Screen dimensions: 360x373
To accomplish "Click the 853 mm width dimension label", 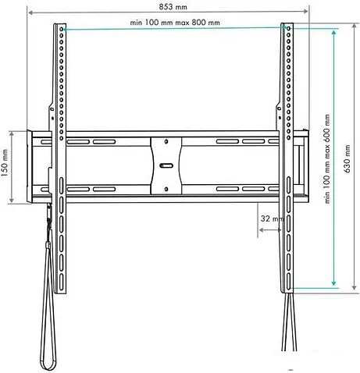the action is click(x=173, y=7).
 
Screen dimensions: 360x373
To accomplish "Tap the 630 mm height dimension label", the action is click(x=348, y=158).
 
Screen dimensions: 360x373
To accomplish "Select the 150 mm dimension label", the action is click(x=5, y=163).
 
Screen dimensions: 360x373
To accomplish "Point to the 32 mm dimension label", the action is click(x=272, y=218).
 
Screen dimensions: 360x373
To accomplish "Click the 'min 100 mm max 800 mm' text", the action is click(x=175, y=23).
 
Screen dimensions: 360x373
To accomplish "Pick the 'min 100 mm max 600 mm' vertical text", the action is click(x=326, y=158).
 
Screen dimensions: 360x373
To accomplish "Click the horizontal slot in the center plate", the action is click(x=166, y=165).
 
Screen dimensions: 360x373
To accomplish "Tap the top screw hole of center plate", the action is click(x=166, y=141).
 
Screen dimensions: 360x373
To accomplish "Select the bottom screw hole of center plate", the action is click(x=166, y=189).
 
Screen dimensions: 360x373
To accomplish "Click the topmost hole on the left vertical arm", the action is click(x=62, y=29).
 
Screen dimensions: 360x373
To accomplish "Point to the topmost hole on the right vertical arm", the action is click(x=288, y=28).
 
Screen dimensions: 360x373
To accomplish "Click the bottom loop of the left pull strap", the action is click(x=48, y=364).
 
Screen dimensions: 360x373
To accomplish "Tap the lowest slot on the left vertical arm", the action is click(x=62, y=282).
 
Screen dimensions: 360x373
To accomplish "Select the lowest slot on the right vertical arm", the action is click(x=288, y=281).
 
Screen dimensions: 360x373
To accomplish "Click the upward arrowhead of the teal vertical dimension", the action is click(x=334, y=32).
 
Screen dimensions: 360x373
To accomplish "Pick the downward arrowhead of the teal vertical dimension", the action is click(x=334, y=283).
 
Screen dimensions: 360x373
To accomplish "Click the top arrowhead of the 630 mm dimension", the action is click(x=354, y=26).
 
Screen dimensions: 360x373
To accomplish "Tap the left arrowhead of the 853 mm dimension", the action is click(x=31, y=12).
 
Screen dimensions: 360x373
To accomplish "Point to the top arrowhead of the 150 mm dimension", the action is click(x=12, y=134).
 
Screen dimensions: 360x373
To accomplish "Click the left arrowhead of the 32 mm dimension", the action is click(x=262, y=230).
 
